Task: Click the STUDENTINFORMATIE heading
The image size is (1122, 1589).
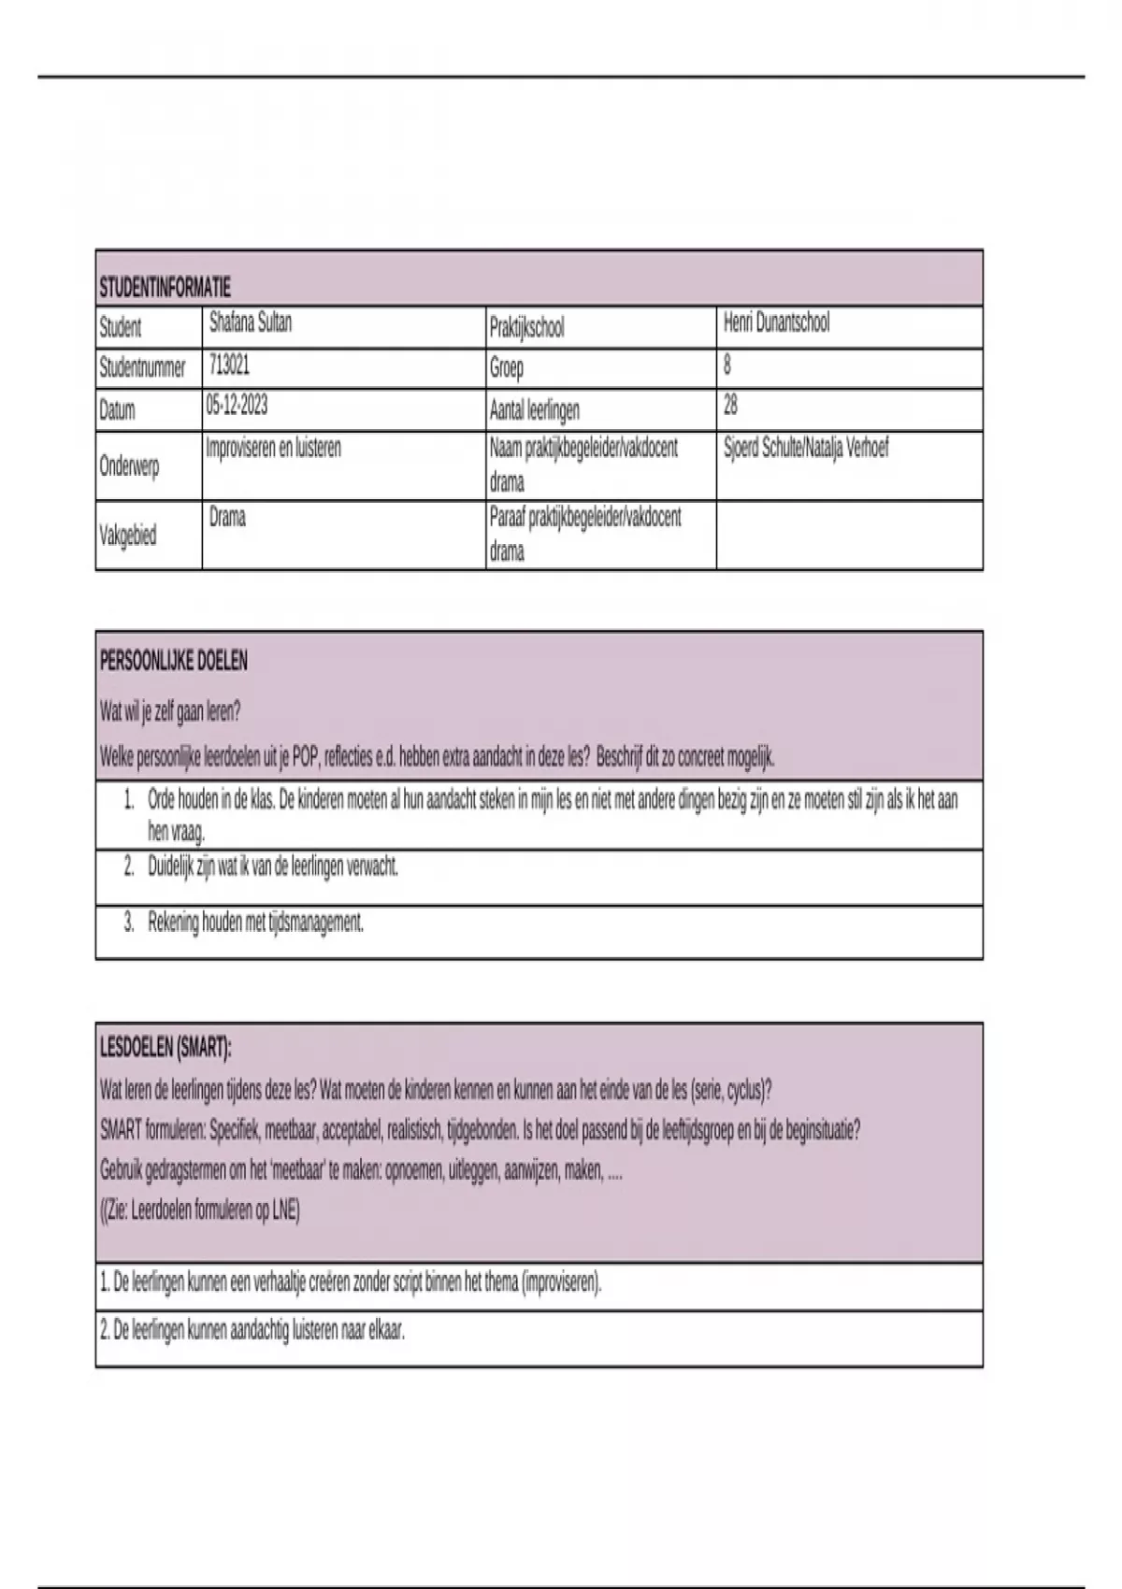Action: tap(165, 287)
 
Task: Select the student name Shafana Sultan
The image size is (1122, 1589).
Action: tap(251, 322)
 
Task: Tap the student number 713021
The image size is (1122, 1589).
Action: tap(229, 364)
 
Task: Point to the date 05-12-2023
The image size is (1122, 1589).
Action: tap(237, 405)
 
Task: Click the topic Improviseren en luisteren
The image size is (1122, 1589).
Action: tap(273, 448)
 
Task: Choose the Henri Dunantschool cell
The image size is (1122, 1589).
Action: tap(776, 323)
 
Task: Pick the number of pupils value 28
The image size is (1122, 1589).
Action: tap(730, 405)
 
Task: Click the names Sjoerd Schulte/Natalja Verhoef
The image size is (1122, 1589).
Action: tap(806, 448)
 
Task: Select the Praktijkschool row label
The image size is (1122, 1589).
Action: tap(526, 328)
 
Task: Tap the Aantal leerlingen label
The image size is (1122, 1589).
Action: tap(534, 409)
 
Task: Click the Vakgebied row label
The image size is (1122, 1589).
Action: tap(128, 536)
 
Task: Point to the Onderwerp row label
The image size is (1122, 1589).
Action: tap(129, 465)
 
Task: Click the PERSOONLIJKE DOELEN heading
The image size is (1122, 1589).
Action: tap(174, 661)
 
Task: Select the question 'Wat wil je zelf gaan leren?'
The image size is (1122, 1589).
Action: tap(170, 711)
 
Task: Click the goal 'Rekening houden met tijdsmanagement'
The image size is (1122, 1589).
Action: tap(255, 923)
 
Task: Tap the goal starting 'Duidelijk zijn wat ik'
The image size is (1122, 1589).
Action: tap(273, 866)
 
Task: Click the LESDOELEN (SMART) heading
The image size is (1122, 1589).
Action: tap(165, 1048)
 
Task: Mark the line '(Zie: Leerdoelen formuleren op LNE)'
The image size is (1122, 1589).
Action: tap(200, 1210)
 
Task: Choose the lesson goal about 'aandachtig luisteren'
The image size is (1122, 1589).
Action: tap(252, 1331)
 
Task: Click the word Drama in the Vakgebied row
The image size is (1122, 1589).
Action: tap(227, 517)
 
